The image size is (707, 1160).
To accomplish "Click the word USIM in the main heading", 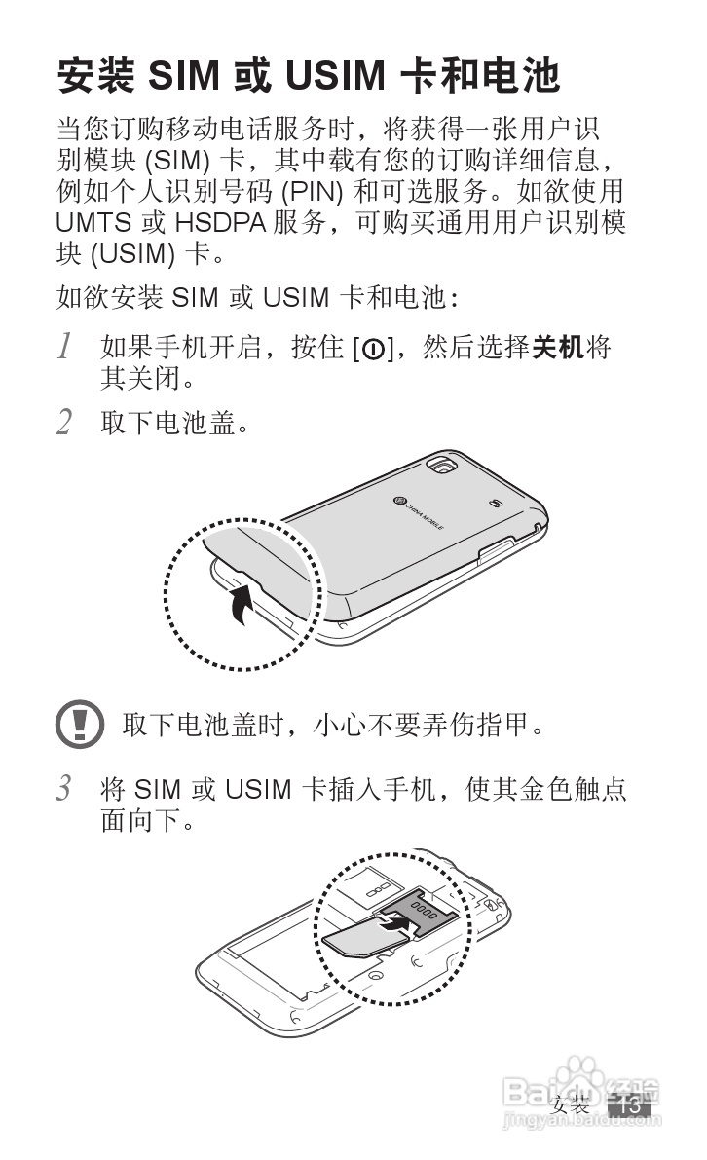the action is click(x=335, y=76).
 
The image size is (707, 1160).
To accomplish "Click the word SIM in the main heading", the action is click(x=184, y=76).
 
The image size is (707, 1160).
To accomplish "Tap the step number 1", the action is click(x=65, y=346).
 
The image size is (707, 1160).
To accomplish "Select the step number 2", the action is click(x=65, y=423).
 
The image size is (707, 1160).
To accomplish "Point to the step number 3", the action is click(x=65, y=789).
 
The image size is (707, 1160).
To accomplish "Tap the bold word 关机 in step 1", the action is click(x=558, y=346).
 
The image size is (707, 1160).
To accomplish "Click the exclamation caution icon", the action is click(x=80, y=724).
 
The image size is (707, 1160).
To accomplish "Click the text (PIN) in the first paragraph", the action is click(x=313, y=192).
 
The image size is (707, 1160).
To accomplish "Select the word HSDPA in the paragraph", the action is click(x=220, y=223).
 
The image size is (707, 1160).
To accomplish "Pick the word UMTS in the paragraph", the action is click(x=93, y=223).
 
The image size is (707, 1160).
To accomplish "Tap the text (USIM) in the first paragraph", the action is click(x=133, y=254).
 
